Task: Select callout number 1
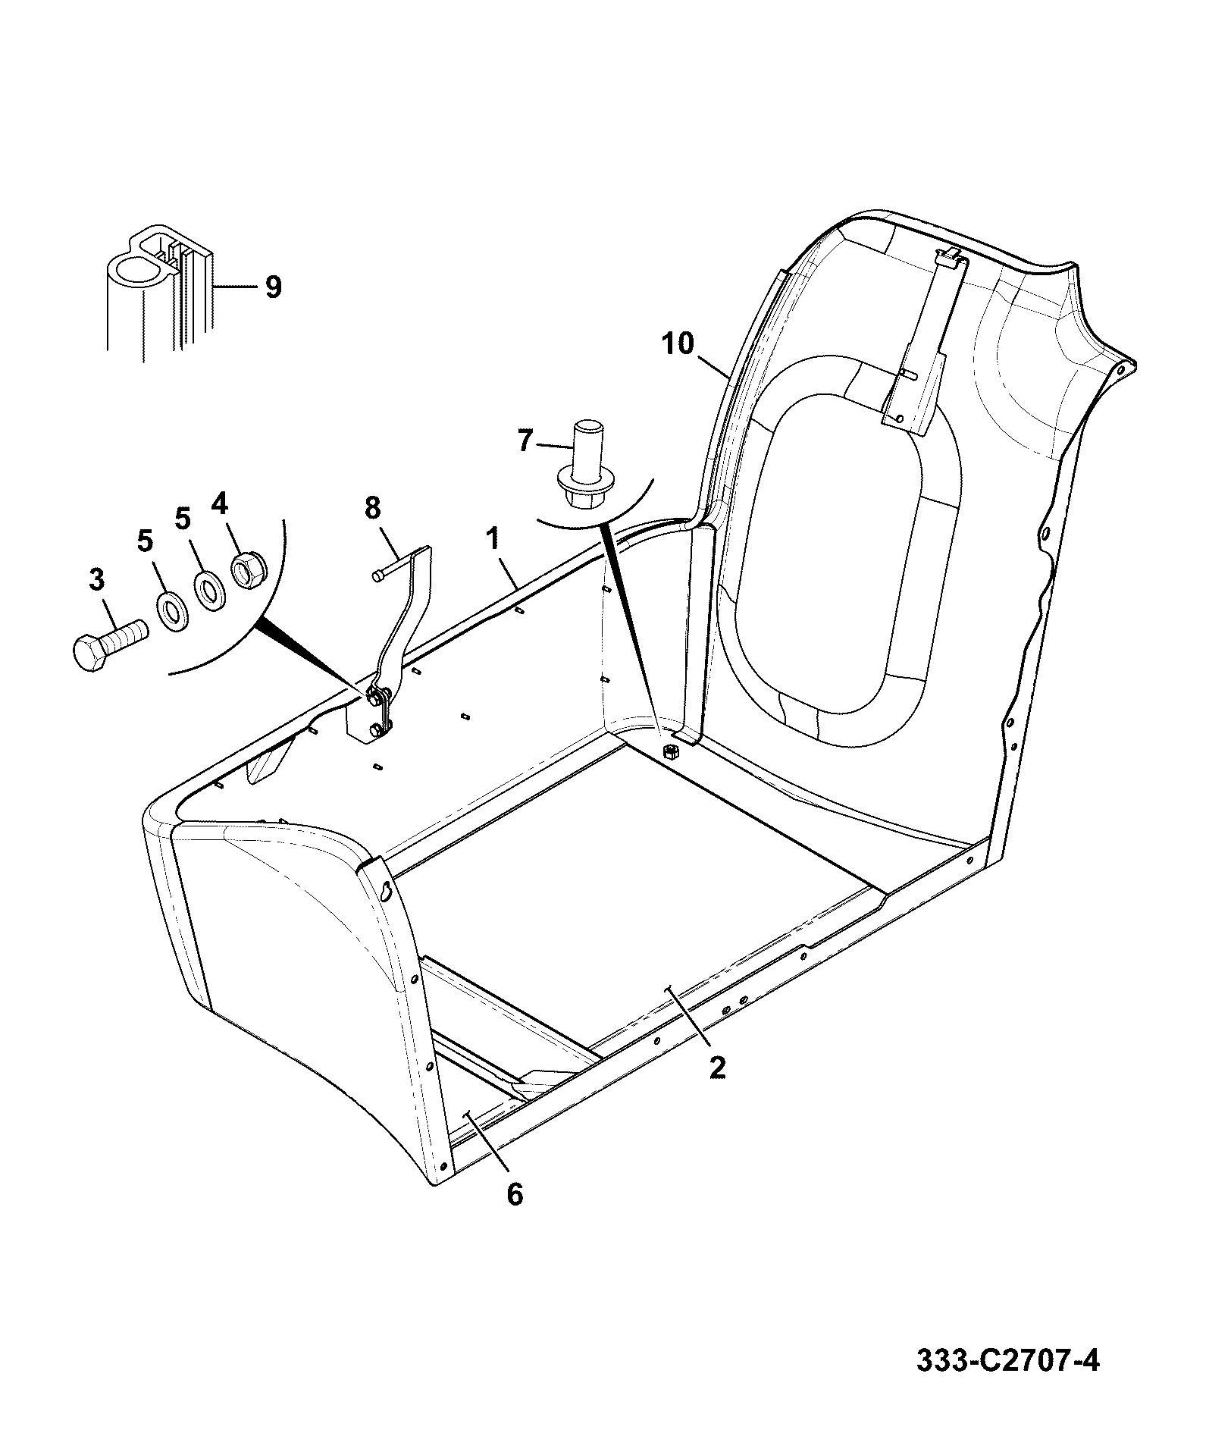click(x=493, y=539)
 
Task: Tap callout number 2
click(x=717, y=1068)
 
